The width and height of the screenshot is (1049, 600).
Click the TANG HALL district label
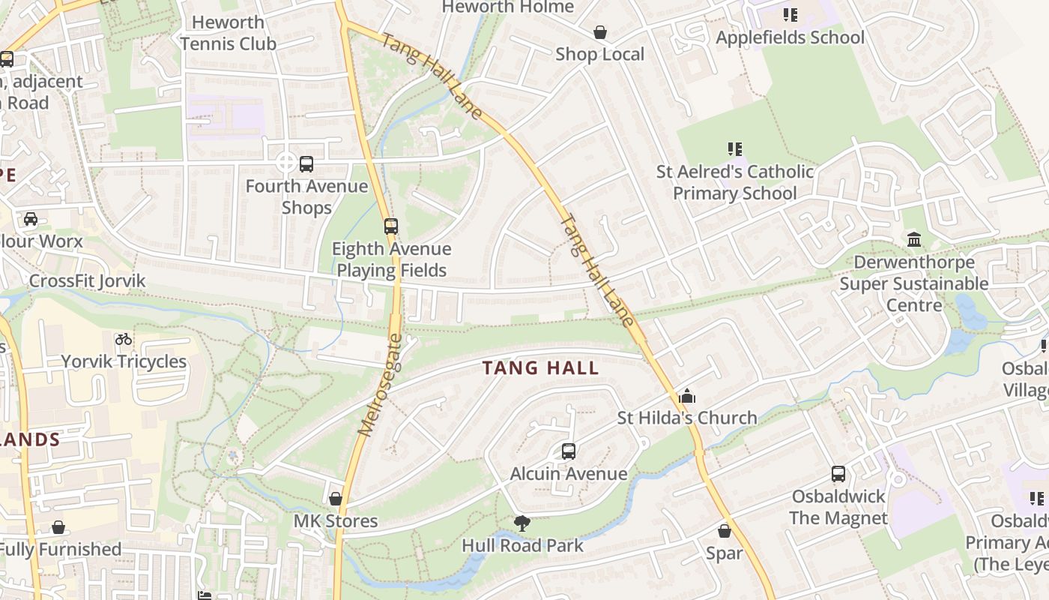tap(540, 368)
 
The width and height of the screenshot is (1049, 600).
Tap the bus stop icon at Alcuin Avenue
tap(569, 451)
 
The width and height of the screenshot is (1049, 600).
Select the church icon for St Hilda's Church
tap(686, 396)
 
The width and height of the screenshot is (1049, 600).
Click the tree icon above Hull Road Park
tap(522, 523)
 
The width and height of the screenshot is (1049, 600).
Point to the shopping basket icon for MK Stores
tap(336, 499)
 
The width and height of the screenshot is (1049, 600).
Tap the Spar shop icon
tap(724, 532)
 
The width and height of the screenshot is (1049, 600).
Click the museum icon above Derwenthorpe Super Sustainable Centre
tap(914, 240)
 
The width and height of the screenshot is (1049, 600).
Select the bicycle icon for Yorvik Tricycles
tap(124, 339)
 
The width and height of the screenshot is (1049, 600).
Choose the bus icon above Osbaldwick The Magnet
tap(838, 474)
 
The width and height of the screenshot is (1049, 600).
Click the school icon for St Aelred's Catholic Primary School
tap(734, 149)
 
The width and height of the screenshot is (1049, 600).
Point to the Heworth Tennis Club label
tap(228, 33)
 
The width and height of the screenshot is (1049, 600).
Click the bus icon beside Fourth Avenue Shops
tap(306, 163)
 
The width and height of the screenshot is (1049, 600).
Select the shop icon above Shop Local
tap(599, 32)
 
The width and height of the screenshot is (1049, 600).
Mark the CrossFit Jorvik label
tap(87, 281)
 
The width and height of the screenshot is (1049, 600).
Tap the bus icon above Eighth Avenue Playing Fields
tap(390, 226)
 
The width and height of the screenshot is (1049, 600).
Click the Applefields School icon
tap(790, 15)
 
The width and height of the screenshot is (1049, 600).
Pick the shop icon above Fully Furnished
tap(58, 528)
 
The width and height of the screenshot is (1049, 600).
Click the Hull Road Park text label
tap(522, 545)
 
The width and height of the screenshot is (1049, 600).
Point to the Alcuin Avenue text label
tap(569, 474)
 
